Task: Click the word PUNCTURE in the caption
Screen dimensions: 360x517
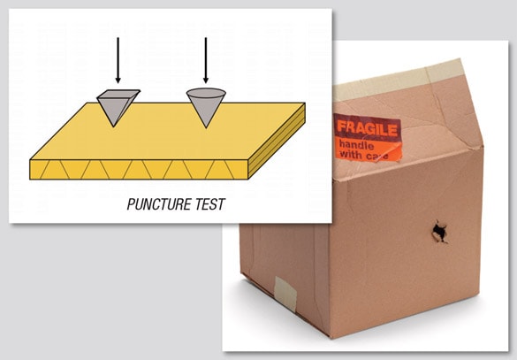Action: pos(156,205)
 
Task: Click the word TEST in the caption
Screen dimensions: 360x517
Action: pos(208,205)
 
